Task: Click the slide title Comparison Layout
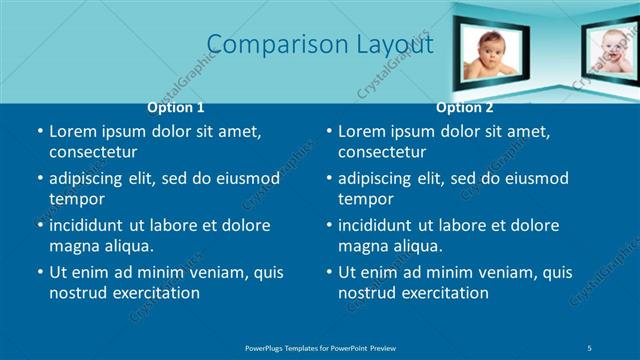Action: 320,45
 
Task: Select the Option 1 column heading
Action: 176,107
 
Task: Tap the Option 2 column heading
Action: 465,107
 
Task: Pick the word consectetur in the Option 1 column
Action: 93,152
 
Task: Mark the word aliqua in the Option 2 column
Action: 413,246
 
